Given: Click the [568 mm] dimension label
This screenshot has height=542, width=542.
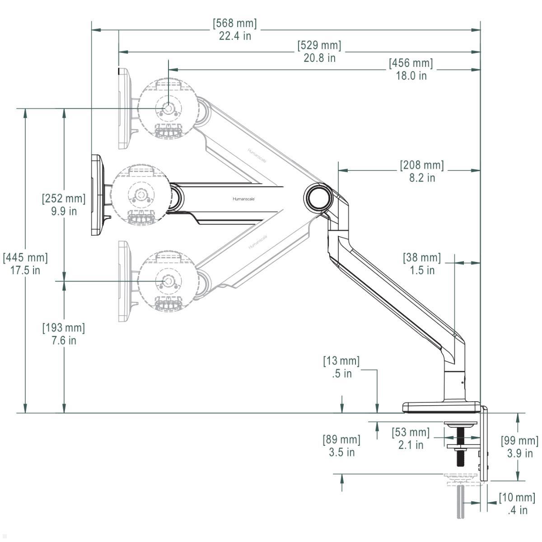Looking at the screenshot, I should (x=234, y=23).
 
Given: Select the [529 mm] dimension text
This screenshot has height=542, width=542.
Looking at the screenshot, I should (x=319, y=46).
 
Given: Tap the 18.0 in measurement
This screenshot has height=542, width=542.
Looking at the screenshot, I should (x=411, y=75).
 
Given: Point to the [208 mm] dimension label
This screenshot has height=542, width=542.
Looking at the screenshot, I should (x=422, y=165).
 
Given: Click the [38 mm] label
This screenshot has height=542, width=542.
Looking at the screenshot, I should (x=421, y=258).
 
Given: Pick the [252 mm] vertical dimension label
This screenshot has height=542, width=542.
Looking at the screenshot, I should (x=64, y=198).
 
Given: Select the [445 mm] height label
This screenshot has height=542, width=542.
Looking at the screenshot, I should (x=25, y=258).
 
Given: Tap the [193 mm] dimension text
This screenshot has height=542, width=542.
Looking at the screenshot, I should (x=64, y=328).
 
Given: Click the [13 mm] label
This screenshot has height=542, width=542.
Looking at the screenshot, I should (x=341, y=361).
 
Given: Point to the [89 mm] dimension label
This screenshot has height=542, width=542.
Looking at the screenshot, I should (x=341, y=439).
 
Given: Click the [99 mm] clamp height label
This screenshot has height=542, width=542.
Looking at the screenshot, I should (x=519, y=441).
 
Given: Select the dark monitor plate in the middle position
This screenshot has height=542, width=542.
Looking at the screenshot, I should (x=96, y=195).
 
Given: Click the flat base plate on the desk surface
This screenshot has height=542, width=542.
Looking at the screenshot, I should (x=440, y=407).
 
